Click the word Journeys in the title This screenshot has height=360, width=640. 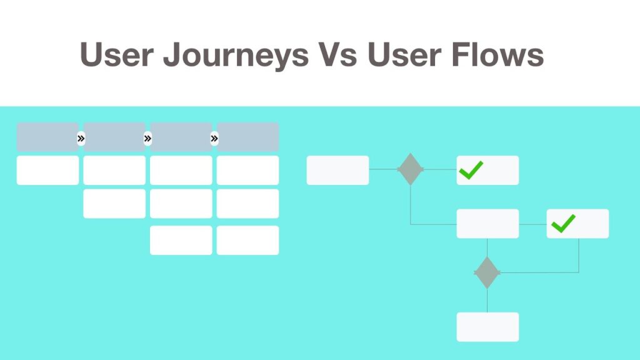point(236,55)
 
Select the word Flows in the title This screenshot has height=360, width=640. point(497,54)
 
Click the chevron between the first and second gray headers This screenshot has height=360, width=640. point(81,139)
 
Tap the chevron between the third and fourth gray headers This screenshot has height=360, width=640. point(214,139)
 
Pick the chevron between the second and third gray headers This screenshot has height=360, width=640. point(147,139)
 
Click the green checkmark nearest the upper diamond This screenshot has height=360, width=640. point(471,170)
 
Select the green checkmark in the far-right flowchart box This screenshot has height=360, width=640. point(563,224)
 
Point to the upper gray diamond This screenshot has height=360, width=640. point(410,169)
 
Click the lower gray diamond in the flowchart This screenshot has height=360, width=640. point(487,272)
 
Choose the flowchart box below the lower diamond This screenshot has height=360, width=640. point(487,327)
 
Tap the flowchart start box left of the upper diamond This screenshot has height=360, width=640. point(337,170)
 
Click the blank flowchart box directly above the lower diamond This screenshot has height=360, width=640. point(487,224)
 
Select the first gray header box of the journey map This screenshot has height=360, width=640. point(47,137)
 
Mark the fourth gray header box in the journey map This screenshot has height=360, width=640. point(247,137)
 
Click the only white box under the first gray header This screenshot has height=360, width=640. point(47,170)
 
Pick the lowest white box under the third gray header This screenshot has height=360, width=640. point(181,241)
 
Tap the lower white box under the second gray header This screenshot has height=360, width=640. point(114,204)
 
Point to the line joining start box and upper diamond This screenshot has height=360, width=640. point(383,169)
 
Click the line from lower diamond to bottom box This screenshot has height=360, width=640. point(487,301)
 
